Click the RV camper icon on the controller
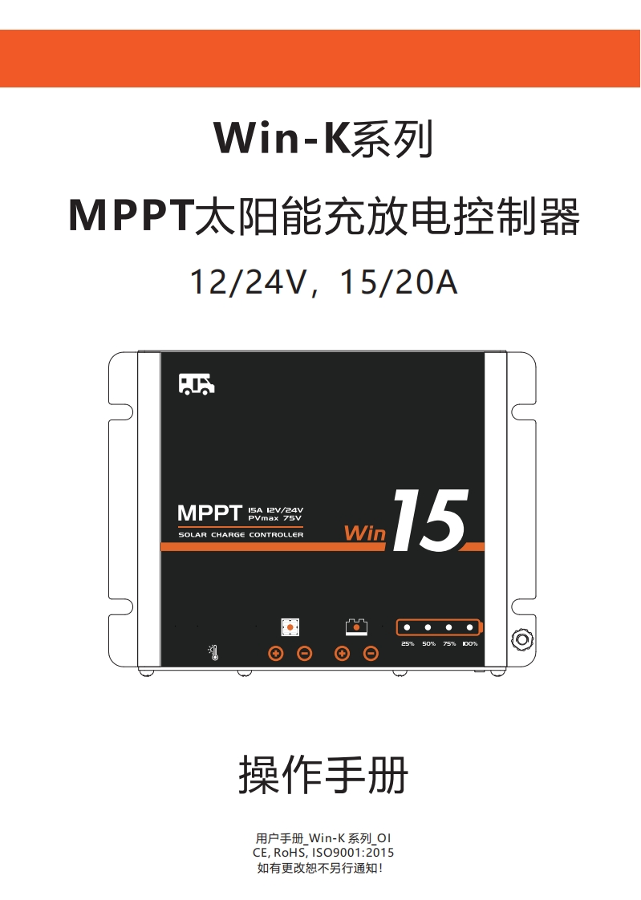point(197,384)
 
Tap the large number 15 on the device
point(429,522)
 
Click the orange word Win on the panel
point(365,533)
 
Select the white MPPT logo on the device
point(209,513)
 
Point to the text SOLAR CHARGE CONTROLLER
point(241,535)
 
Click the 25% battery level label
point(408,643)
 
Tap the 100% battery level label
point(470,643)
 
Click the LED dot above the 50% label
point(428,627)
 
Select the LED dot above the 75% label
point(449,627)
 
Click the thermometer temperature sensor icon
point(213,652)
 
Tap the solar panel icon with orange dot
point(290,627)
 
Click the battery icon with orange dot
point(356,626)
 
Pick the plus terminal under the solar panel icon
point(276,654)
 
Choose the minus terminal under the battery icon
point(371,654)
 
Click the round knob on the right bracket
point(521,640)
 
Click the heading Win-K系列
point(323,138)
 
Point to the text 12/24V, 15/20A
point(323,282)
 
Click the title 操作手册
point(323,776)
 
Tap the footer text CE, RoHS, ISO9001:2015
point(323,853)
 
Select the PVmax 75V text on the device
point(275,518)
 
